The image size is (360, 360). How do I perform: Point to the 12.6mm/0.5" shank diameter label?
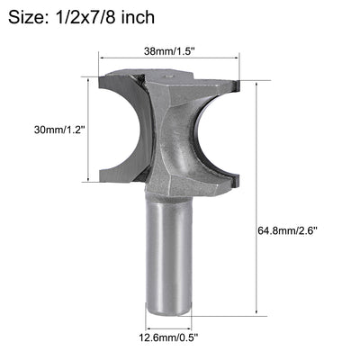click(169, 339)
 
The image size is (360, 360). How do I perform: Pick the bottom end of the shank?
click(169, 310)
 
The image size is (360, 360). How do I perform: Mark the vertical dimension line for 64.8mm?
click(260, 198)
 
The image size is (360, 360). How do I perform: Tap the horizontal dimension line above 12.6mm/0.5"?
click(169, 326)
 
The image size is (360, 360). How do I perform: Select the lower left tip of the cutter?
click(106, 176)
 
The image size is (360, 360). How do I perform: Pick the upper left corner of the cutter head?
click(106, 77)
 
